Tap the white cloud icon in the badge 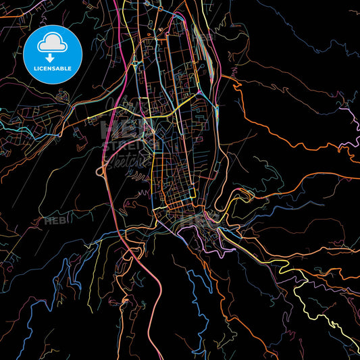coord(53,43)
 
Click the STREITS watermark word coord(126,144)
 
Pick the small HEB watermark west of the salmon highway coord(55,221)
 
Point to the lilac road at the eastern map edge coord(351,115)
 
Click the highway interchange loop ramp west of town coord(102,172)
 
